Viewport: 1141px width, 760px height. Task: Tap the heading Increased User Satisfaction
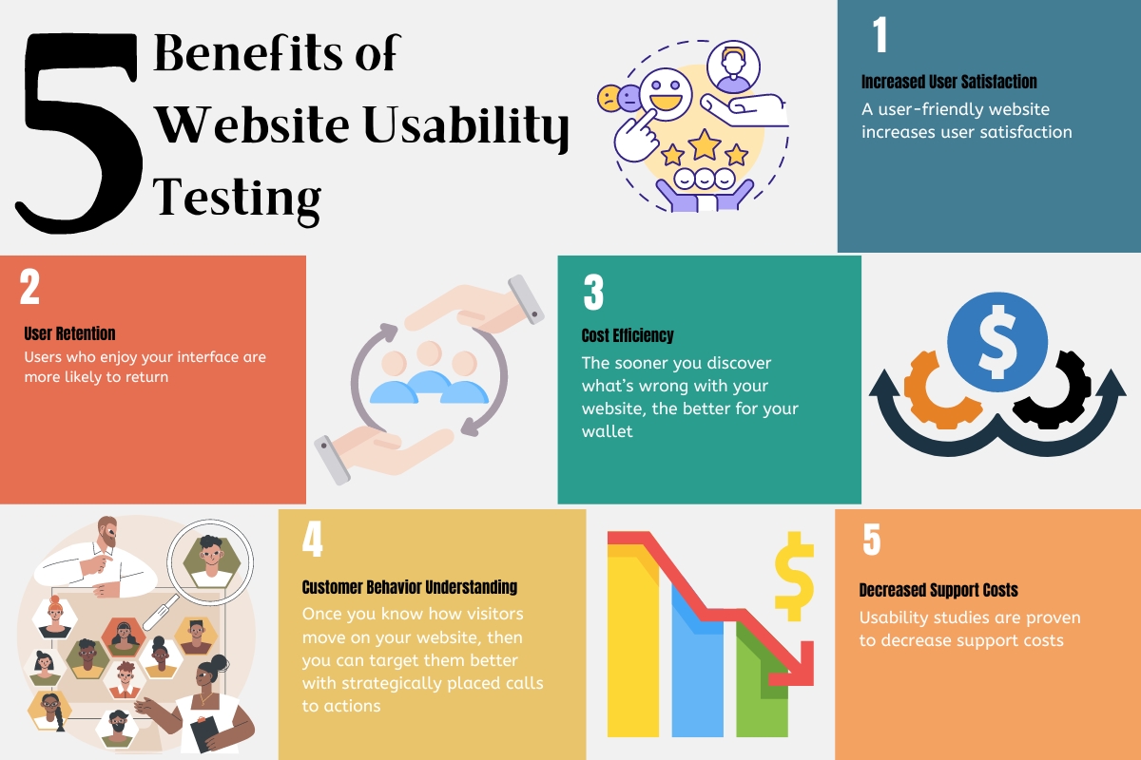pos(948,82)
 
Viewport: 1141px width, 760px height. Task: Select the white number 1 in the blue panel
pos(880,36)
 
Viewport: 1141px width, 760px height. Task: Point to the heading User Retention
pos(69,333)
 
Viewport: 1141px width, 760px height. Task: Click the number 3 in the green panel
pos(593,293)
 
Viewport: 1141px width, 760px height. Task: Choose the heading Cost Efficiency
pos(627,335)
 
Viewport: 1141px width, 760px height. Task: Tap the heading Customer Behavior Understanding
pos(409,587)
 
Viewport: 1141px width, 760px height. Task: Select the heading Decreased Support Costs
pos(938,590)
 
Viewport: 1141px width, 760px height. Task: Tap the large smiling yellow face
pos(667,96)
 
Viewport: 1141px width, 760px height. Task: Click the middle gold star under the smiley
pos(705,144)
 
